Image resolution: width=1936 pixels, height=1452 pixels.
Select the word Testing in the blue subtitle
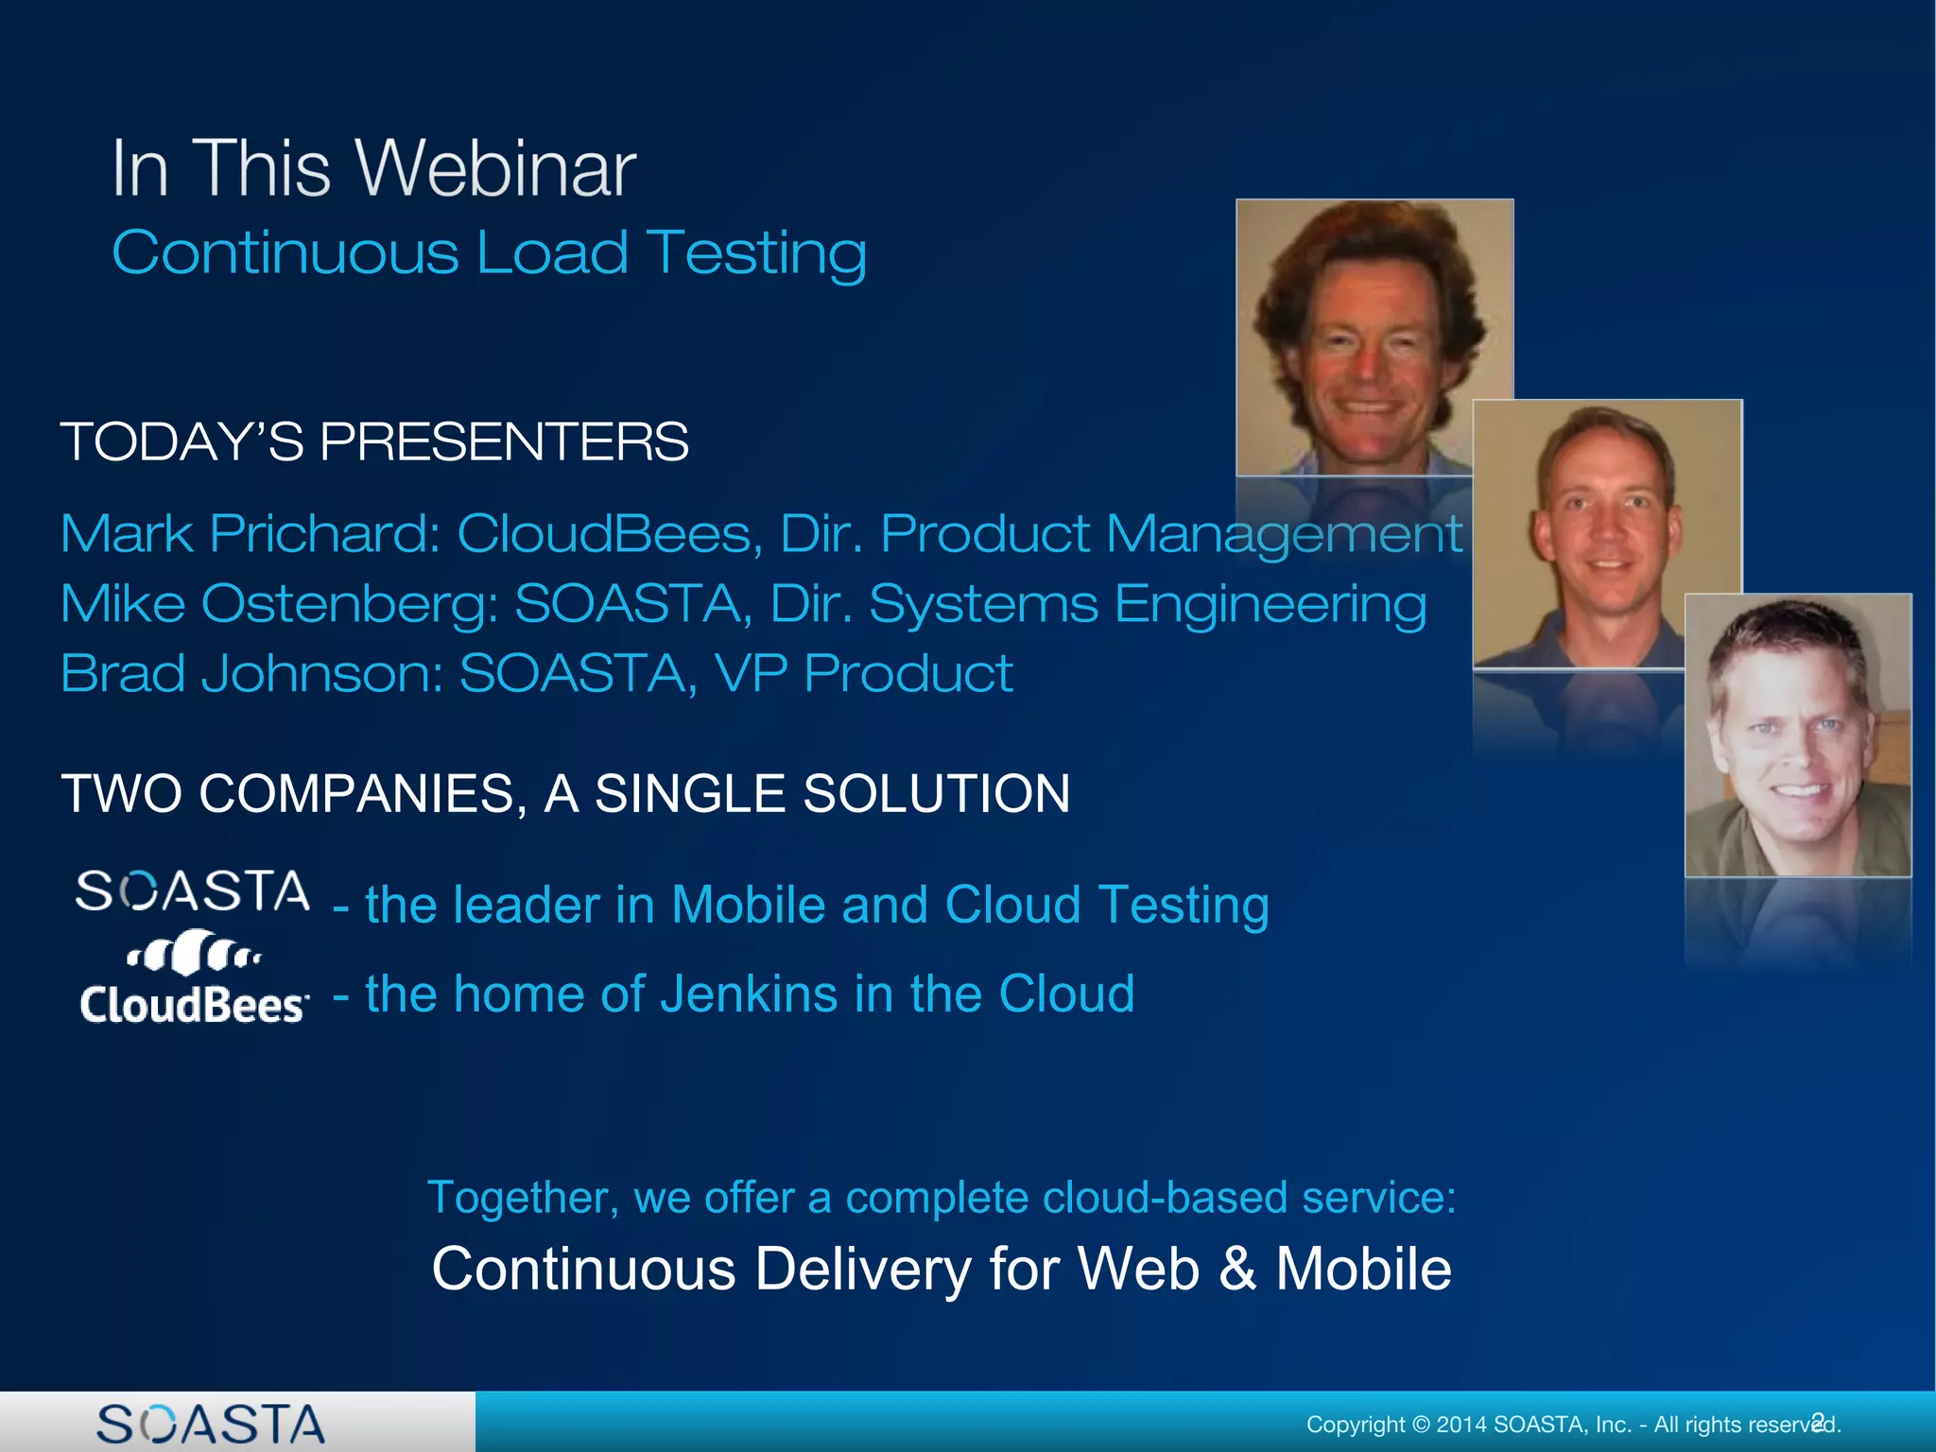point(756,253)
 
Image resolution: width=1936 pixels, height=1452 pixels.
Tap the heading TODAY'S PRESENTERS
point(374,441)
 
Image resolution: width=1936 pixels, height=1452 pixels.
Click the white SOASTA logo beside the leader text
point(192,891)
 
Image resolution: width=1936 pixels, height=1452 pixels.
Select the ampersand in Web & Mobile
point(1237,1269)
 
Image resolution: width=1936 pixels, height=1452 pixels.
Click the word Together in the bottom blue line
point(522,1197)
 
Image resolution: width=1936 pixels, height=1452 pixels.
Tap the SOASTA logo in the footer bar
point(211,1424)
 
